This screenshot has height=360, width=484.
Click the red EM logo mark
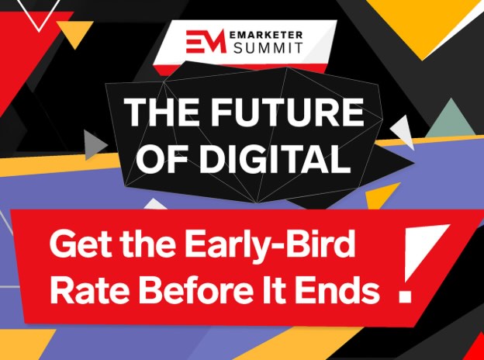coord(206,41)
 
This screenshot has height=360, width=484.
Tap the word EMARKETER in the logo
coord(266,35)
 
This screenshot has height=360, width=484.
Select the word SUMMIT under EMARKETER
coord(268,48)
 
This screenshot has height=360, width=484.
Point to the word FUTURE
coord(283,112)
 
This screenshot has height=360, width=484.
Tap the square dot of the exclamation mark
coord(405,296)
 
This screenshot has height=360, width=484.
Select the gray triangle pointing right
coord(94,145)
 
